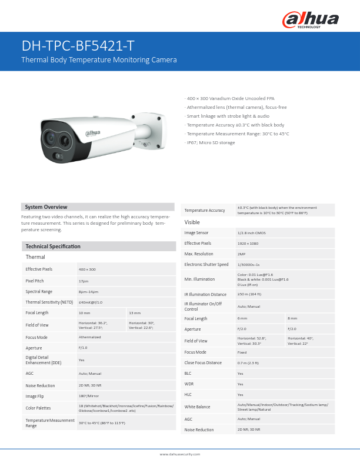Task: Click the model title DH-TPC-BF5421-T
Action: [x=77, y=46]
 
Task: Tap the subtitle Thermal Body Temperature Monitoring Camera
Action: [x=99, y=60]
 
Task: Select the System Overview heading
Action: [x=46, y=207]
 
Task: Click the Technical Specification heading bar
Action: [x=52, y=246]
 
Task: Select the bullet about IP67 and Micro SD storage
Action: [x=210, y=143]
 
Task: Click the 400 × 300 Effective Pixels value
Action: [x=87, y=269]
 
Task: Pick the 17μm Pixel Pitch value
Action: [x=83, y=281]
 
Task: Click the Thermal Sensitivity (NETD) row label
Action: [x=49, y=302]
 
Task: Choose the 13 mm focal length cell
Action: [x=135, y=312]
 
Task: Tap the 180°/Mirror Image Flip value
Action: [x=88, y=396]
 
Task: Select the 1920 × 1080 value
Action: [x=248, y=243]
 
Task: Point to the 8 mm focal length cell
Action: [x=292, y=318]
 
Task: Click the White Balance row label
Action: [x=197, y=407]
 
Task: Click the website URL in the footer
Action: [x=180, y=454]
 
